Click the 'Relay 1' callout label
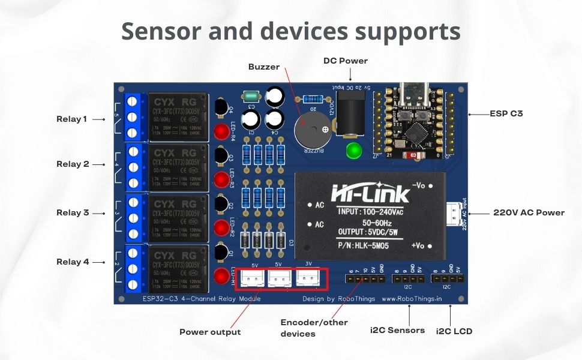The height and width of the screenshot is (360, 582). pyautogui.click(x=71, y=119)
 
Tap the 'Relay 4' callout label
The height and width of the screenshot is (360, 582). pyautogui.click(x=71, y=262)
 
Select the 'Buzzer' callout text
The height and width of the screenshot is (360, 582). pyautogui.click(x=264, y=67)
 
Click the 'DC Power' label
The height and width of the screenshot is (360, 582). pyautogui.click(x=345, y=61)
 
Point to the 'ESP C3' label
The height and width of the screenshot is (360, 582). pyautogui.click(x=506, y=113)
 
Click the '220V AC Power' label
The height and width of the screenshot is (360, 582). pyautogui.click(x=529, y=212)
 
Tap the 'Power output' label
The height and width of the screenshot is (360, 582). pyautogui.click(x=210, y=332)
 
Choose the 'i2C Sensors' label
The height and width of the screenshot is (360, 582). pyautogui.click(x=397, y=330)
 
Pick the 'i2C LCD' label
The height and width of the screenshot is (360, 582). pyautogui.click(x=454, y=331)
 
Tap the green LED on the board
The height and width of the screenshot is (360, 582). pyautogui.click(x=354, y=150)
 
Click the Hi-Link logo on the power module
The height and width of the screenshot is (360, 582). pyautogui.click(x=371, y=193)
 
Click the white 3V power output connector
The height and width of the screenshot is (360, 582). pyautogui.click(x=309, y=278)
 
